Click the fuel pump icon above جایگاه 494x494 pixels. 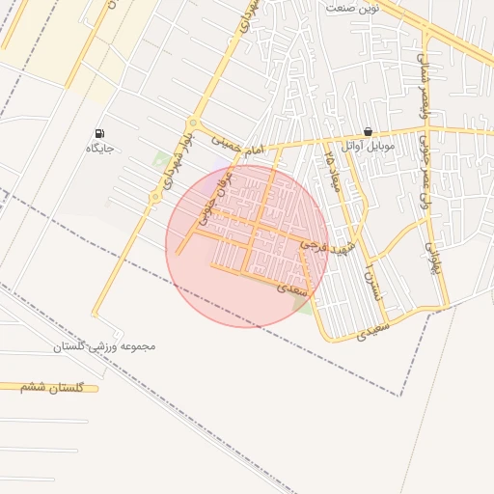(99, 133)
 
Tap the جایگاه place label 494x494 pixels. (99, 149)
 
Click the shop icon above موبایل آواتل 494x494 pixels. (369, 132)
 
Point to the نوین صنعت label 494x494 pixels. (352, 8)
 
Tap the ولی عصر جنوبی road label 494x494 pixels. (425, 177)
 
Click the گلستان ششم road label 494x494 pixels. (52, 387)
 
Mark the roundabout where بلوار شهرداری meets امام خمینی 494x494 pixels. (193, 123)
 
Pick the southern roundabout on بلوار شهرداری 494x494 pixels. (154, 198)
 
